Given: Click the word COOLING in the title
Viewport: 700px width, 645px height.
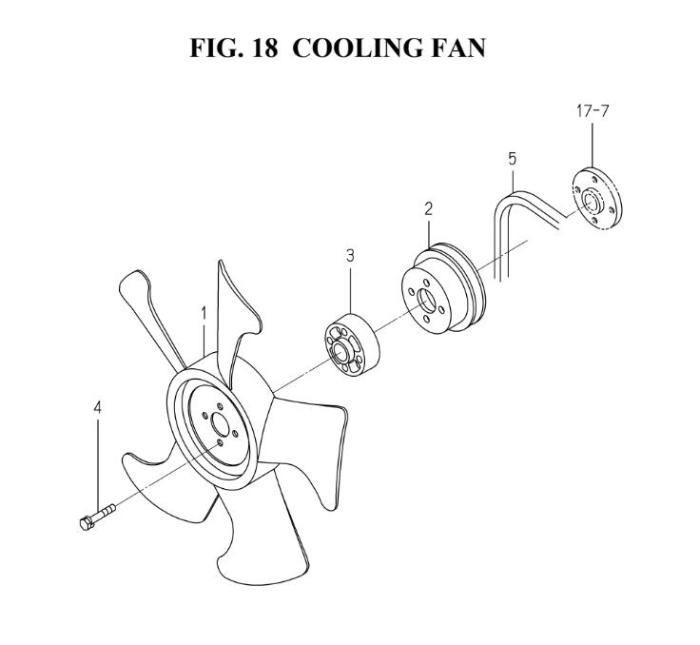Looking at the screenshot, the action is tap(357, 49).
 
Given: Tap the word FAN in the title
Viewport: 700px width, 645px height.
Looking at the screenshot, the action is tap(458, 49).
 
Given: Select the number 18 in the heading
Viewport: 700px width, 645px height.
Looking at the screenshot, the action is tap(264, 49).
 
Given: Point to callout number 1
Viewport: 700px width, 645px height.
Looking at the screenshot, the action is tap(204, 314).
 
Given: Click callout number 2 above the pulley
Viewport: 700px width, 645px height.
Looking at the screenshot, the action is tap(429, 209).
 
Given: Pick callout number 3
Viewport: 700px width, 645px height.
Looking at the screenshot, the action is tap(350, 257).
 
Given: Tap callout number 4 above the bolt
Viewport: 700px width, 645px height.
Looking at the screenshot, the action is tap(97, 408).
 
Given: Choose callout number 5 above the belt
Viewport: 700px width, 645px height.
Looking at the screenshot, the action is tap(512, 159).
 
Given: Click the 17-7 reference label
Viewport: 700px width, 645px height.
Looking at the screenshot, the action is tap(592, 110).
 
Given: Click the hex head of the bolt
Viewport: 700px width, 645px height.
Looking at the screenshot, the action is tap(87, 523).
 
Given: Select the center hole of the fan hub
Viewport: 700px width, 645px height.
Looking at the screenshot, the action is tap(220, 425).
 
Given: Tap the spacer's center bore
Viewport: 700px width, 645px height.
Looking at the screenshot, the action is tap(341, 350).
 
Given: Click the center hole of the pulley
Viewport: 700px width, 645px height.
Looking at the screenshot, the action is tap(426, 301).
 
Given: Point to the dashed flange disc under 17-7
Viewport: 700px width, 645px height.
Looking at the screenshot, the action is tap(597, 198).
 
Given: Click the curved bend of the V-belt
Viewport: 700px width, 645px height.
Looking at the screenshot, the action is tap(502, 205).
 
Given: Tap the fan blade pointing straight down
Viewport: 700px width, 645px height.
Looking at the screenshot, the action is tap(259, 540).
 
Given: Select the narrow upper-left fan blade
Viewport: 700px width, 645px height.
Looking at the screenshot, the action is tap(149, 313).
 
